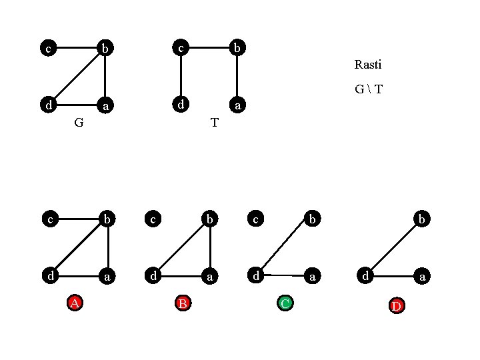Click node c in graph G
47,48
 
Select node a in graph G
105,105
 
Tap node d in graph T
180,105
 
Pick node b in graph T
237,47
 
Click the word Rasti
368,65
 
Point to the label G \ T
369,89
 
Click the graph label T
214,123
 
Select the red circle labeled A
76,303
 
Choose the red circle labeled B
182,303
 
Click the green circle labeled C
285,304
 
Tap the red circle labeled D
396,305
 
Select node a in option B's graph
210,275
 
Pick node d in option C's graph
255,275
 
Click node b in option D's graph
421,218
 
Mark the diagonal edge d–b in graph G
76,77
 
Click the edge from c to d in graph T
180,76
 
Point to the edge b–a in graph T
237,76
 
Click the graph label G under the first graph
79,123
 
